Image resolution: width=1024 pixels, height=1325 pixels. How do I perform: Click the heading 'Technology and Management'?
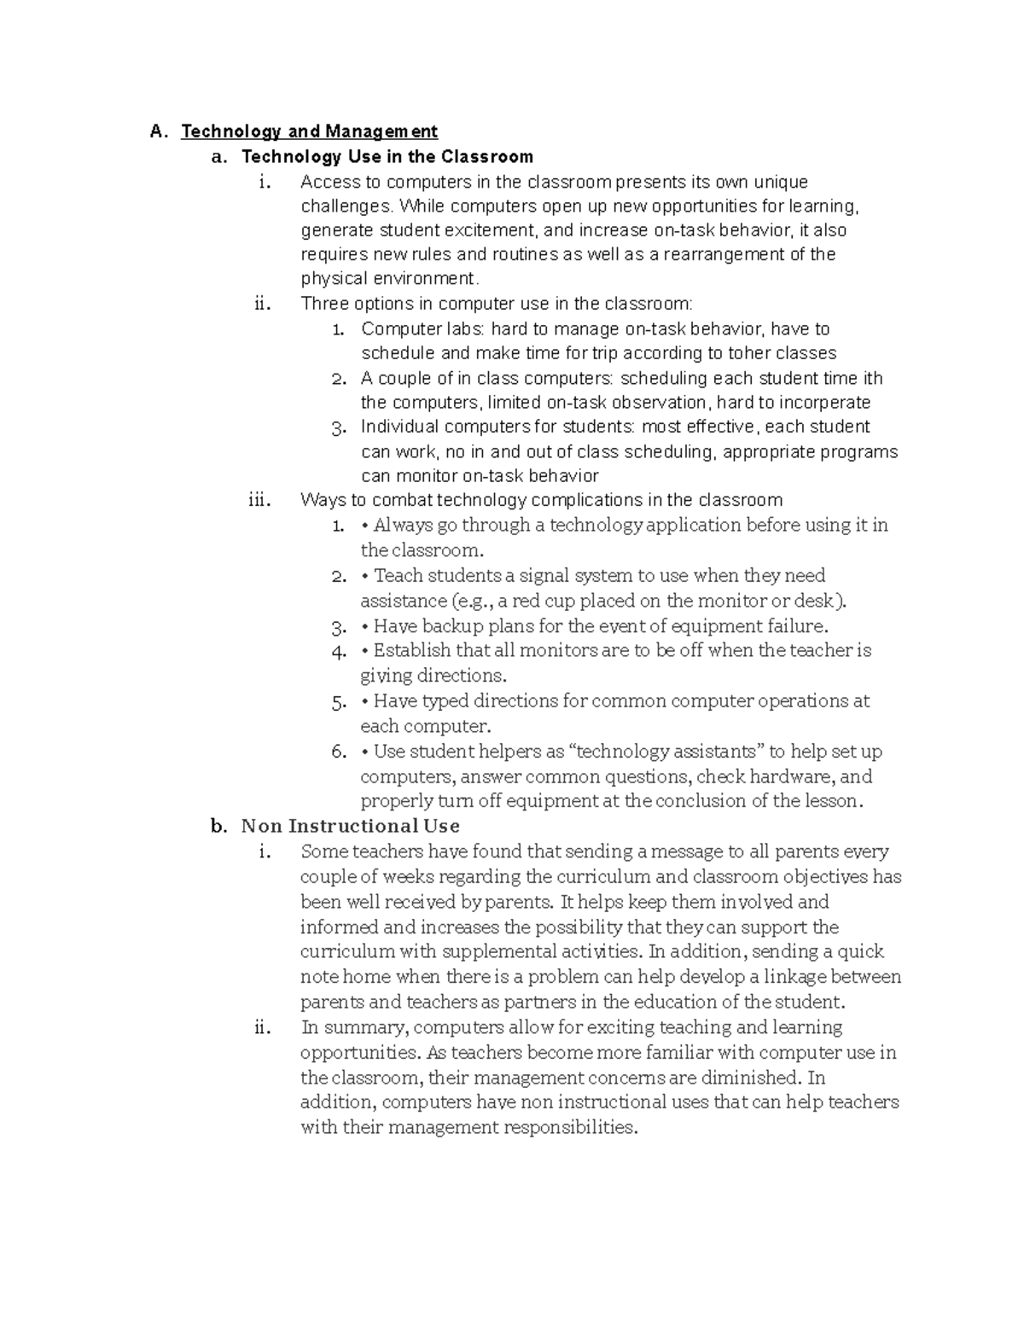coord(309,131)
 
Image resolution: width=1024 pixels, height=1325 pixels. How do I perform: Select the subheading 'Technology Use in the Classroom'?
coord(387,157)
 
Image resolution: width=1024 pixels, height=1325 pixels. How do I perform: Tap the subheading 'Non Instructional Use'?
coord(351,826)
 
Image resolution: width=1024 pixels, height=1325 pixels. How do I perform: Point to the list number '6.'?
coord(339,752)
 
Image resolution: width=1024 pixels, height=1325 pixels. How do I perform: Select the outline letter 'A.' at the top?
coord(158,131)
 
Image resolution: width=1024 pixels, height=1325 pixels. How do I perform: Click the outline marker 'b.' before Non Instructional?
coord(218,826)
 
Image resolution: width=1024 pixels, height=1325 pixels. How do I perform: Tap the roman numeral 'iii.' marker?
coord(259,501)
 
